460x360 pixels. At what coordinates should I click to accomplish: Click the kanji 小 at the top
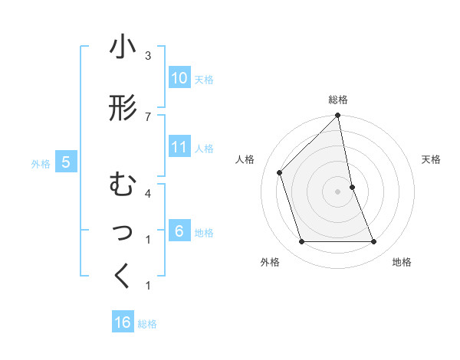pyautogui.click(x=123, y=47)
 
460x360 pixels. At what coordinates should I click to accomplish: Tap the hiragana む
pyautogui.click(x=122, y=185)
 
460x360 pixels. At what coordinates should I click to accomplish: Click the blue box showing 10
pyautogui.click(x=179, y=78)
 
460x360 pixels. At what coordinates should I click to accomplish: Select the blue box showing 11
pyautogui.click(x=179, y=147)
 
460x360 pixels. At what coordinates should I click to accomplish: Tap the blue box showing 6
pyautogui.click(x=179, y=231)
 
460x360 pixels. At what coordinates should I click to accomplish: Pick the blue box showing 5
pyautogui.click(x=66, y=162)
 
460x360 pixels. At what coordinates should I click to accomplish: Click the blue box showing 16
pyautogui.click(x=123, y=322)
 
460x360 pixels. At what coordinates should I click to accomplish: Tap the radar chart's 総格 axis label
pyautogui.click(x=338, y=100)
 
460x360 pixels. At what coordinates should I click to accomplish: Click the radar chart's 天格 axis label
pyautogui.click(x=431, y=159)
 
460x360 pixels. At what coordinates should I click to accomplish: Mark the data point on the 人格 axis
pyautogui.click(x=280, y=172)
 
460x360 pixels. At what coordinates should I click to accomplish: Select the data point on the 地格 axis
pyautogui.click(x=374, y=242)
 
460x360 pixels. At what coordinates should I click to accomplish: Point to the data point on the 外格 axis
pyautogui.click(x=301, y=242)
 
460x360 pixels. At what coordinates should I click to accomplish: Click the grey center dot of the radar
pyautogui.click(x=338, y=191)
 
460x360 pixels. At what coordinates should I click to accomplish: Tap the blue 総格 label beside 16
pyautogui.click(x=147, y=323)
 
